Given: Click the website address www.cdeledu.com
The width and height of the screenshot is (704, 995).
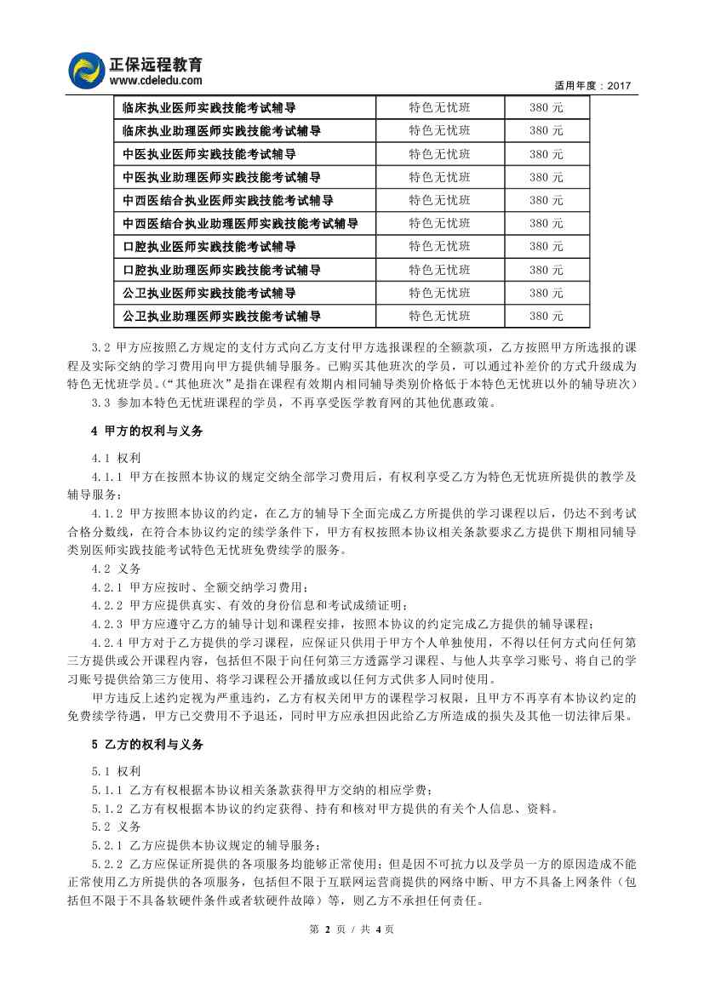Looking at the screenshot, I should (156, 81).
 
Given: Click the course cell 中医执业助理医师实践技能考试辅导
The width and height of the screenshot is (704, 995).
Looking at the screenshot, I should (221, 177).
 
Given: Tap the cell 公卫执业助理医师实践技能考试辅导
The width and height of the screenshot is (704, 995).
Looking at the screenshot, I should (221, 316).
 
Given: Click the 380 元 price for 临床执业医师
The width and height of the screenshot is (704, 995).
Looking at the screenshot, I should (546, 107).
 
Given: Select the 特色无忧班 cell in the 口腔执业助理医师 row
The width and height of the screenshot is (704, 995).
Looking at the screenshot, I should (439, 270).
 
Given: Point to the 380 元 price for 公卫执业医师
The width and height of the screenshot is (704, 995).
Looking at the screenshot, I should (546, 293).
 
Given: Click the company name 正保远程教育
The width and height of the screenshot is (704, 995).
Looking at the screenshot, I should (156, 64).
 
